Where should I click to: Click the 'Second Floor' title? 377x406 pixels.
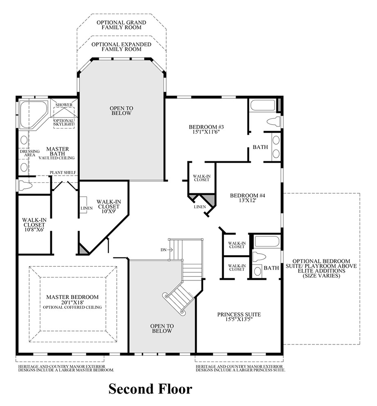(x=150, y=388)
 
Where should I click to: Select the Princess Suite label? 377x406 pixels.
(x=239, y=317)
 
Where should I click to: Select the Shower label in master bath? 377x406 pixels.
(x=64, y=105)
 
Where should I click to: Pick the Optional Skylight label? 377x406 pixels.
(x=64, y=122)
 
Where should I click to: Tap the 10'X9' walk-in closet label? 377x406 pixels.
(x=108, y=207)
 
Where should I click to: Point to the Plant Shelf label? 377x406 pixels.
(x=63, y=172)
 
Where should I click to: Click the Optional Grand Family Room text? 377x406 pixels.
(x=121, y=25)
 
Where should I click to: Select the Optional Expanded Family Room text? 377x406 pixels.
(x=121, y=46)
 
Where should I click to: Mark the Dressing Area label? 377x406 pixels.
(x=29, y=153)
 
